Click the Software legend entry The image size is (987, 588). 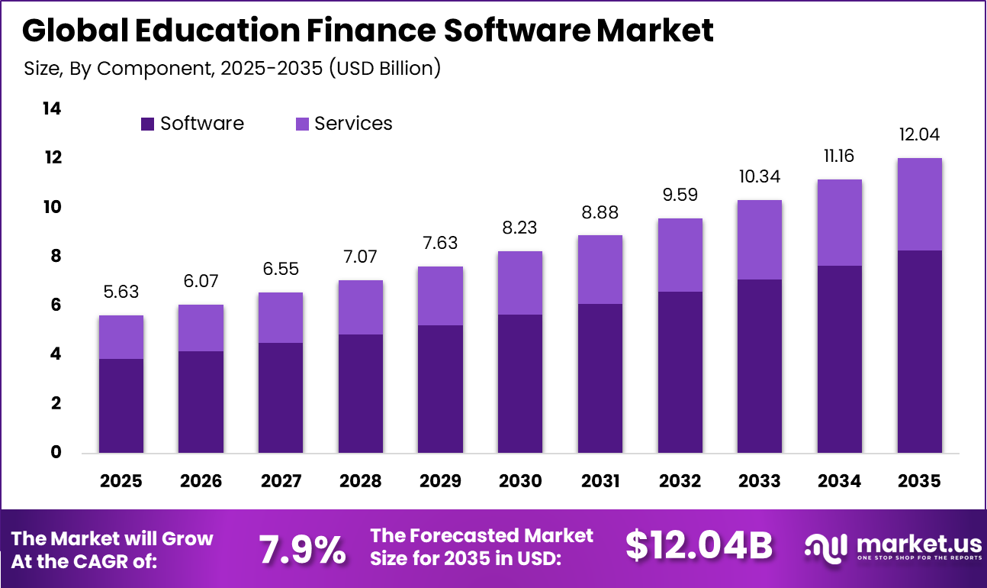point(192,124)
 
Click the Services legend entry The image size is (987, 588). point(343,124)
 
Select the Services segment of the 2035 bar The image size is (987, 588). point(919,204)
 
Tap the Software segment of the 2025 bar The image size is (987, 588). point(121,405)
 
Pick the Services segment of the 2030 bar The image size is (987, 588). point(520,283)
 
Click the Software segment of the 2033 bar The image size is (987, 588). point(760,366)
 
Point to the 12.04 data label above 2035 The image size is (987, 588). point(919,135)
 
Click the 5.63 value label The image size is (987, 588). point(121,292)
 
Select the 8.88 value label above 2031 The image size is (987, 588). point(600,212)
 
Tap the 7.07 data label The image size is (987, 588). point(361,257)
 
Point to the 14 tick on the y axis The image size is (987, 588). point(50,109)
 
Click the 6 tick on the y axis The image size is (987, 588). point(55,305)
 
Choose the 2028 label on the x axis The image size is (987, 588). point(361,481)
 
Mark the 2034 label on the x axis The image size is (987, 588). point(840,481)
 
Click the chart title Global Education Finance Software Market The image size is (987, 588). point(368,31)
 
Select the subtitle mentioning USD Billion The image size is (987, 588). point(233,68)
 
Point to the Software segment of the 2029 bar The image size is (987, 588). point(440,389)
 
